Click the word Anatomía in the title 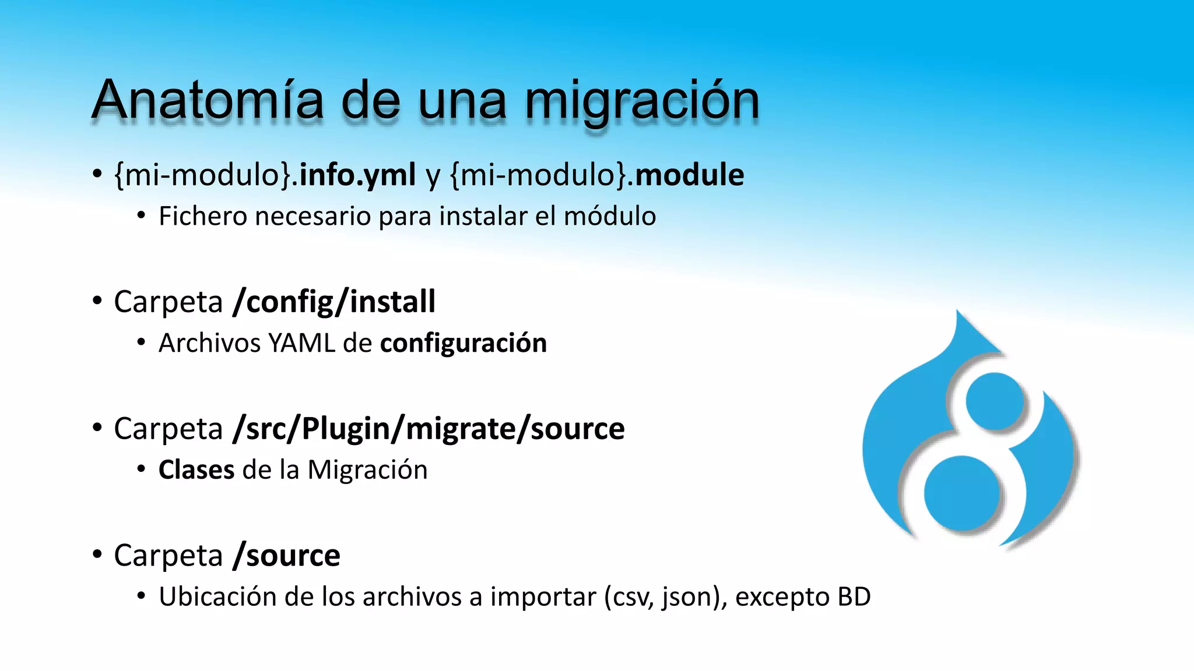[x=207, y=100]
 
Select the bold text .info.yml [x=353, y=175]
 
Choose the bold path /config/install [x=333, y=302]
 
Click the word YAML [x=301, y=343]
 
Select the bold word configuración [x=463, y=343]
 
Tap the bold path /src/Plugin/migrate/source [x=429, y=429]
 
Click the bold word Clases [x=196, y=470]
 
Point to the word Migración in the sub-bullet [x=367, y=470]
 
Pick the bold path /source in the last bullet [x=286, y=556]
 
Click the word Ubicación [x=217, y=597]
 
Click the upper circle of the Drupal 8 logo [x=995, y=401]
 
